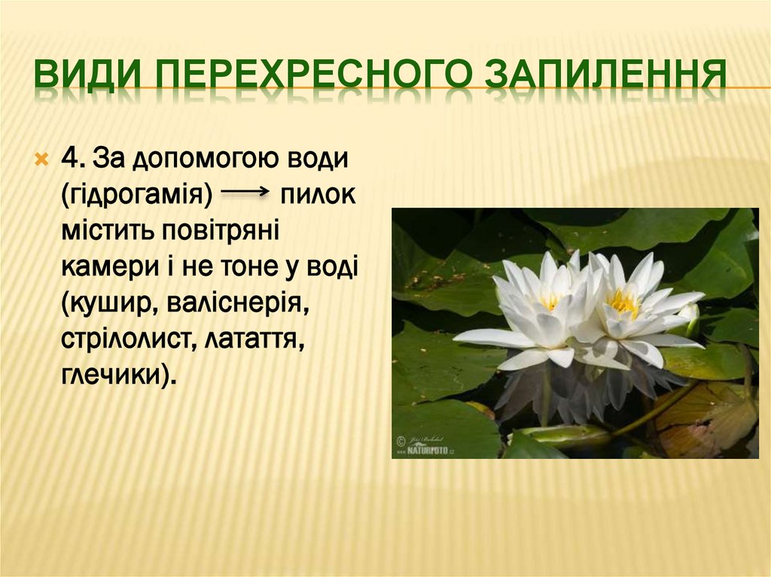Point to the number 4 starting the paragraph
click(72, 159)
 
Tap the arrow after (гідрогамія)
click(245, 193)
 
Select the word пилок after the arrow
click(318, 194)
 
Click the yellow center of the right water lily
click(623, 302)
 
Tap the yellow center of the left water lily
click(550, 301)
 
